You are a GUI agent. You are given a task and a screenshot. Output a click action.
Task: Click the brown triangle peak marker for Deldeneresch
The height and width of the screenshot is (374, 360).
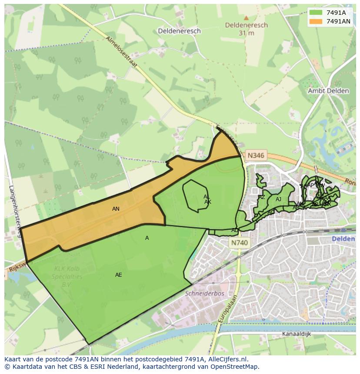246,18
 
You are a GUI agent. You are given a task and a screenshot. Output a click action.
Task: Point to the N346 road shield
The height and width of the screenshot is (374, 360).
255,155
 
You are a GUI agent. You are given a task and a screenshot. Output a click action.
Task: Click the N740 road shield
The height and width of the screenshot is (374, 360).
240,243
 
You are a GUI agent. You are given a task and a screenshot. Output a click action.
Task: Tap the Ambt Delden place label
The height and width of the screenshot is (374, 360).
328,91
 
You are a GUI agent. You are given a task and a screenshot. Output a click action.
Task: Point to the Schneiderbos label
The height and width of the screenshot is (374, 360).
204,293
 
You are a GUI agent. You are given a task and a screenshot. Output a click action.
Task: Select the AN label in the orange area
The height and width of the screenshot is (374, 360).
116,209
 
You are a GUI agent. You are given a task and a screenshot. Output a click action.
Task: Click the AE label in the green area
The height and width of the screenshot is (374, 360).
119,275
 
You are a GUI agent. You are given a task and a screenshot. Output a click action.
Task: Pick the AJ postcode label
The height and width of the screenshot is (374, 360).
278,199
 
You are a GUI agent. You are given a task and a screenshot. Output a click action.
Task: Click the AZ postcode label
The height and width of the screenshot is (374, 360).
262,197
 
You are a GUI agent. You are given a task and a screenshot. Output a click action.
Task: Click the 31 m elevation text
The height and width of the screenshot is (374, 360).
246,33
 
